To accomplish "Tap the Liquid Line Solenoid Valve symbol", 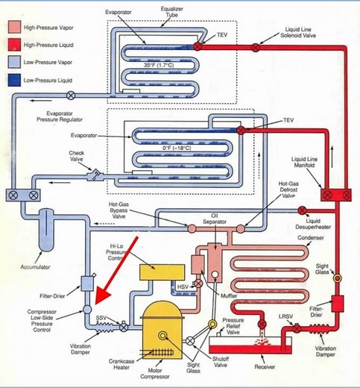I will (256, 47).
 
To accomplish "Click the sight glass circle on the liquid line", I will (337, 278).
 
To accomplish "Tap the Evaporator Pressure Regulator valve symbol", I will (71, 96).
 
